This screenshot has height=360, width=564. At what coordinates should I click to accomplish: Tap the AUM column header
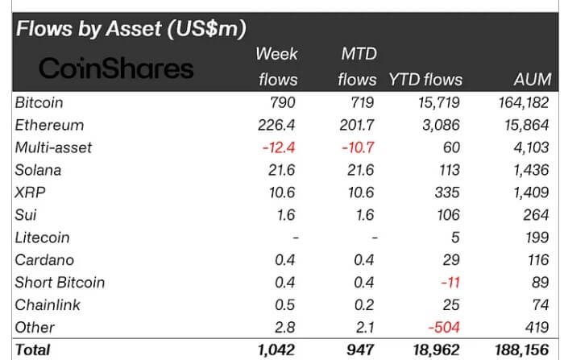[532, 80]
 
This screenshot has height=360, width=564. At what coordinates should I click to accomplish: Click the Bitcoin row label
[39, 103]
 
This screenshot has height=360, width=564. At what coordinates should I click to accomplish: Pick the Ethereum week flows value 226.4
[276, 126]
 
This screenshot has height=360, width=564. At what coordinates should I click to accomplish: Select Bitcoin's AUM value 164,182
[521, 103]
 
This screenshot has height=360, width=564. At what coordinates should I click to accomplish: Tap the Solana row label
[38, 171]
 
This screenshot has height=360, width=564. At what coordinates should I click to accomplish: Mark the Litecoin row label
[42, 238]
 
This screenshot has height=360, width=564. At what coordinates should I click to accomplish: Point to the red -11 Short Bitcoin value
[453, 283]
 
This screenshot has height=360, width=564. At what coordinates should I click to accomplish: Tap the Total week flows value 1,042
[276, 350]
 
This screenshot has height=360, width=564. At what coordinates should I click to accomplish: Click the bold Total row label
[32, 350]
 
